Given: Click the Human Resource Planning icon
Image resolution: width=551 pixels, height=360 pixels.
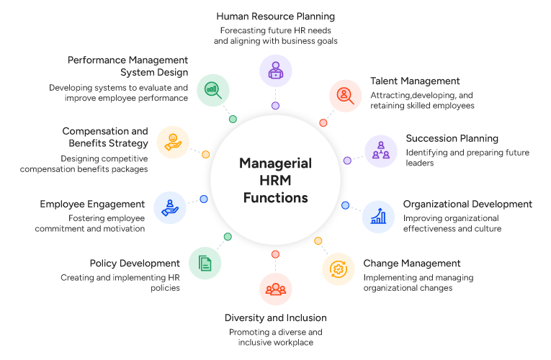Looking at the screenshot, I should (275, 71).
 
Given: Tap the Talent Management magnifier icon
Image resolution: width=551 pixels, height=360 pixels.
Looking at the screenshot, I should (345, 95).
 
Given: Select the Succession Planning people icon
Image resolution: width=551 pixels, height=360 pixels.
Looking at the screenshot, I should (380, 150).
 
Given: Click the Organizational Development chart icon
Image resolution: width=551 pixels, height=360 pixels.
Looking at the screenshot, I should (377, 215).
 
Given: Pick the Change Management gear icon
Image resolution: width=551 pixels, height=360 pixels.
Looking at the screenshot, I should (337, 269).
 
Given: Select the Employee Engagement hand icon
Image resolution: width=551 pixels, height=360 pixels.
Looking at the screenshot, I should (170, 208).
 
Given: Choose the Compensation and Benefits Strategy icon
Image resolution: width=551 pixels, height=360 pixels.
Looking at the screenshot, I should (172, 140).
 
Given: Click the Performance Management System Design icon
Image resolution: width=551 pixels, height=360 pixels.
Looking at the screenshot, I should (212, 89).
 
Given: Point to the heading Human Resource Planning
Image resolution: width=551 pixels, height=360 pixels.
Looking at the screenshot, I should (276, 16).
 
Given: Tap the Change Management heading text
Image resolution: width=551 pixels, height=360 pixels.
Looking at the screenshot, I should (411, 264).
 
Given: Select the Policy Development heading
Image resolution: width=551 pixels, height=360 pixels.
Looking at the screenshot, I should (135, 264).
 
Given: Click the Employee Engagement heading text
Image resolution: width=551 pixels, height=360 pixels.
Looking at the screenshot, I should (92, 204).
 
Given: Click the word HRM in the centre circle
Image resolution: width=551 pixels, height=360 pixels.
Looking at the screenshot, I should (275, 181).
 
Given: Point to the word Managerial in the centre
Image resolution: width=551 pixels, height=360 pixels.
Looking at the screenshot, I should (275, 163).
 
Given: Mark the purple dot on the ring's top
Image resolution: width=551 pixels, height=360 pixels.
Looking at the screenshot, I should (275, 106).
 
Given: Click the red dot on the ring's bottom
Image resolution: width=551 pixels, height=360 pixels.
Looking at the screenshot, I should (275, 254).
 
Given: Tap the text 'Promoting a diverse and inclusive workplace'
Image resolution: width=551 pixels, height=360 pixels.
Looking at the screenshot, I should (275, 338).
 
